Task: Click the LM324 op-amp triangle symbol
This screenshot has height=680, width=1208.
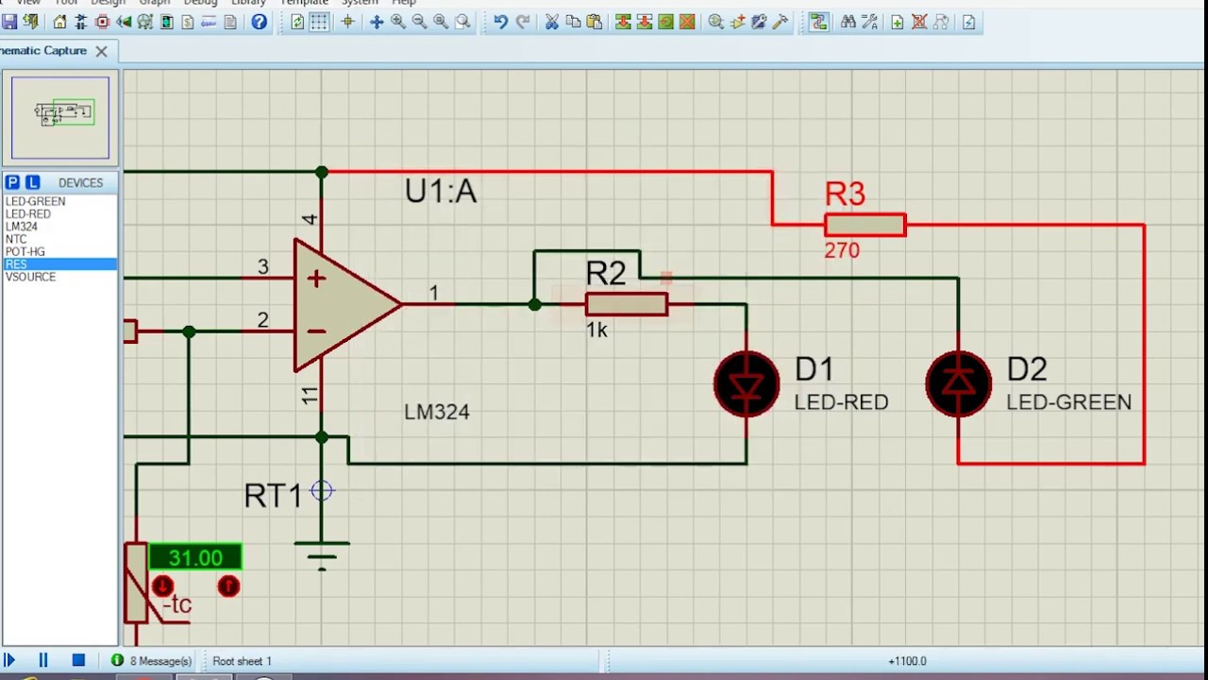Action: point(340,304)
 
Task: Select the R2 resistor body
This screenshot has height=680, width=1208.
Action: point(626,304)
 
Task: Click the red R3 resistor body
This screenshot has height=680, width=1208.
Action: point(864,225)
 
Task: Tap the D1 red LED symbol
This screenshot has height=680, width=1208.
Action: point(747,383)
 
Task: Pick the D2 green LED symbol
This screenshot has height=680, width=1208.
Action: point(958,383)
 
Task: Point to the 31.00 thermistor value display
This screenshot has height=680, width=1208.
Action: point(195,558)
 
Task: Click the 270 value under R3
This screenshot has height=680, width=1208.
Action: point(842,251)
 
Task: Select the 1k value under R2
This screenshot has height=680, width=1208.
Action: point(596,331)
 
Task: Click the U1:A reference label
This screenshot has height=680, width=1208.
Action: point(441,192)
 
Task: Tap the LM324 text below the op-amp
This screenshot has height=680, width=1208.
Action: point(436,412)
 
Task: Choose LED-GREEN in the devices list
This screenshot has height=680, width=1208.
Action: point(36,201)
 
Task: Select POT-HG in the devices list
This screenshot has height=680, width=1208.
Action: point(25,252)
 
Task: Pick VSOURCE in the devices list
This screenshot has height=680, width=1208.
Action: point(31,277)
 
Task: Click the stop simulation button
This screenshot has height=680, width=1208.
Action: point(78,660)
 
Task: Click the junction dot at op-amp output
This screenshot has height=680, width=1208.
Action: point(534,304)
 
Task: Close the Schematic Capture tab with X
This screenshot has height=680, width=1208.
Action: point(101,51)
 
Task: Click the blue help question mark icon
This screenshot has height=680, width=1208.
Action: point(259,22)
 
